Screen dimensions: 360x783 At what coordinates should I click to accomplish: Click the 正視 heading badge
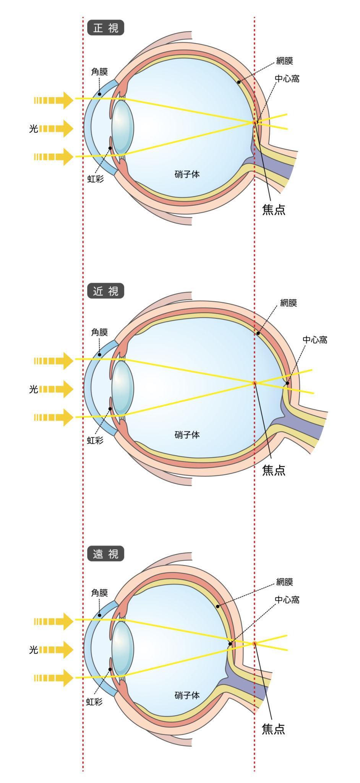[106, 28]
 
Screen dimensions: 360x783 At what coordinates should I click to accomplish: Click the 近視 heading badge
[106, 291]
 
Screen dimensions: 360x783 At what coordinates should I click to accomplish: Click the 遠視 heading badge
[106, 553]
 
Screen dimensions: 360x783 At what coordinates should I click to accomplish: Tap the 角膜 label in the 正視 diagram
[99, 71]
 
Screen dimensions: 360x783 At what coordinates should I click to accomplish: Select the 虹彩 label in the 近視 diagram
[95, 440]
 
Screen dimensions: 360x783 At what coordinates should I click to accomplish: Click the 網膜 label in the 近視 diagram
[289, 303]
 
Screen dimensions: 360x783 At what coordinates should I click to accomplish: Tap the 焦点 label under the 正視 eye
[274, 209]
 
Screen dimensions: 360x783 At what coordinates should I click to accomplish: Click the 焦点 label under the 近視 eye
[274, 470]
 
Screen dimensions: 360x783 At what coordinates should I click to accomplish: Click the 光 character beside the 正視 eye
[34, 128]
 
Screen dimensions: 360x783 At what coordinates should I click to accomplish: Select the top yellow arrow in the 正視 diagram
[54, 100]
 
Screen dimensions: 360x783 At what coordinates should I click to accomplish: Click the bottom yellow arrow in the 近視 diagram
[54, 417]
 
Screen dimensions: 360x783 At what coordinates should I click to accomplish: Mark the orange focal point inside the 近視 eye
[255, 383]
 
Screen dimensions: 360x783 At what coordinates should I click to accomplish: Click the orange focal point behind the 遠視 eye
[254, 643]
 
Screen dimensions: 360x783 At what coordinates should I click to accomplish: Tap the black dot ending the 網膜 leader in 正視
[239, 82]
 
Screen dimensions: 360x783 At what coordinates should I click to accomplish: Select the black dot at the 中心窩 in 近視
[287, 383]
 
